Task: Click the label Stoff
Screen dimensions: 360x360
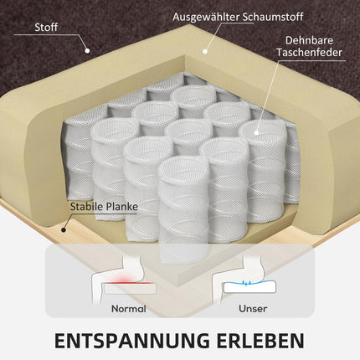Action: pyautogui.click(x=46, y=27)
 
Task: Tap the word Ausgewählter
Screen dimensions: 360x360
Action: pyautogui.click(x=206, y=17)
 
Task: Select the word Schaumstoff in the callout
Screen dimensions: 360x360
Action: pyautogui.click(x=273, y=17)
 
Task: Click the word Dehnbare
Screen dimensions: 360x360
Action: pyautogui.click(x=309, y=40)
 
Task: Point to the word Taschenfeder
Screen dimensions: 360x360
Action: pyautogui.click(x=309, y=53)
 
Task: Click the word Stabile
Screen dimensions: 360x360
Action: pyautogui.click(x=87, y=207)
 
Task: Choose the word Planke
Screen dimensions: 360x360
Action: pyautogui.click(x=122, y=207)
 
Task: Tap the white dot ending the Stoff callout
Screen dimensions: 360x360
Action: pyautogui.click(x=87, y=51)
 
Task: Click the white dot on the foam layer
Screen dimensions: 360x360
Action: pyautogui.click(x=205, y=51)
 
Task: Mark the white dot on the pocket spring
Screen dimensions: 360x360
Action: pyautogui.click(x=256, y=132)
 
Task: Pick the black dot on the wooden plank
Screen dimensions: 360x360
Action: pyautogui.click(x=64, y=230)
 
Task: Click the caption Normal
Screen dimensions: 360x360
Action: pyautogui.click(x=129, y=309)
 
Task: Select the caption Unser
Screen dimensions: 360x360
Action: pyautogui.click(x=253, y=309)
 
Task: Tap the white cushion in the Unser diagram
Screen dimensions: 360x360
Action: pyautogui.click(x=249, y=287)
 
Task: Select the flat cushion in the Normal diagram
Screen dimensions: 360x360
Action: pyautogui.click(x=129, y=288)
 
